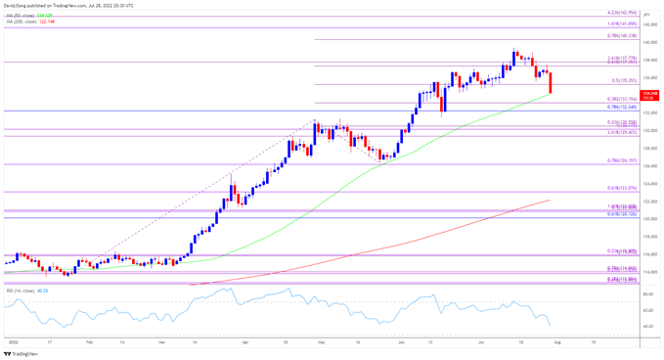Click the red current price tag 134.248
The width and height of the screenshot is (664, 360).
pos(649,92)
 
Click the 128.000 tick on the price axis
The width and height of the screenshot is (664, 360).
pos(648,148)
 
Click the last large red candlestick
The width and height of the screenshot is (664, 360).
pos(553,81)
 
